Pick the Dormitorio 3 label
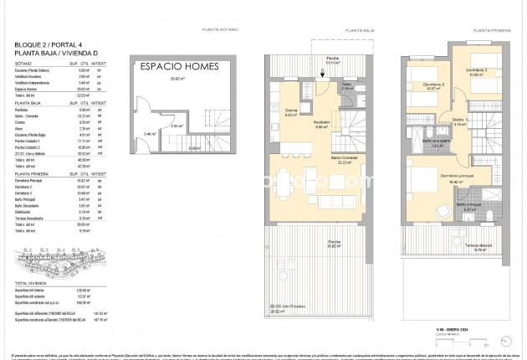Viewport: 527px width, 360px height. coord(477,71)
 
